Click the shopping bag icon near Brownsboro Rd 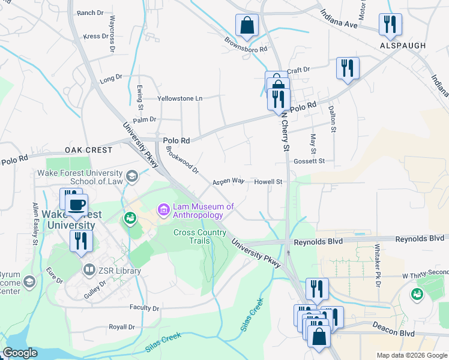(x=246, y=25)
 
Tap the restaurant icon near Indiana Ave (x=390, y=24)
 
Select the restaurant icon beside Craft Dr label (x=348, y=67)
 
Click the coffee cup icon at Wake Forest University (x=76, y=204)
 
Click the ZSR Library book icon (x=89, y=271)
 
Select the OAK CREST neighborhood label (x=89, y=149)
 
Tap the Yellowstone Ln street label (x=179, y=98)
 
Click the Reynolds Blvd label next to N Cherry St (x=318, y=242)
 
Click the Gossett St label (x=309, y=161)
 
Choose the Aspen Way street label (x=228, y=181)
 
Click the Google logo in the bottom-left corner (x=20, y=353)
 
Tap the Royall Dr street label (x=122, y=327)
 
